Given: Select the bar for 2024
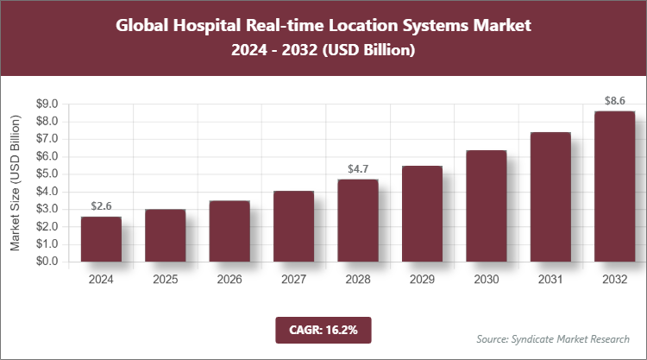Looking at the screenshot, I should tap(101, 239).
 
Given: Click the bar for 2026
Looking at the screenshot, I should tap(229, 231).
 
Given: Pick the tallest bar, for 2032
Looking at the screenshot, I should tap(614, 186).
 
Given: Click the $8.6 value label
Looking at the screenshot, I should tap(614, 101).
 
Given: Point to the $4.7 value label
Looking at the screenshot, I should tap(358, 169).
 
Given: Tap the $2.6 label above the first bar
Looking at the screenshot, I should tap(101, 206).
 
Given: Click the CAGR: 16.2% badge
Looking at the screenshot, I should tap(323, 329).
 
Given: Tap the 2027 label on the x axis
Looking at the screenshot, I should tap(293, 280).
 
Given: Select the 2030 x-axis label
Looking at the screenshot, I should tap(486, 280).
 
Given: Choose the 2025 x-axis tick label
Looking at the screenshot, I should tap(165, 280).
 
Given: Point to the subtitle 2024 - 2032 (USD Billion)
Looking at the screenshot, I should tap(323, 51).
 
